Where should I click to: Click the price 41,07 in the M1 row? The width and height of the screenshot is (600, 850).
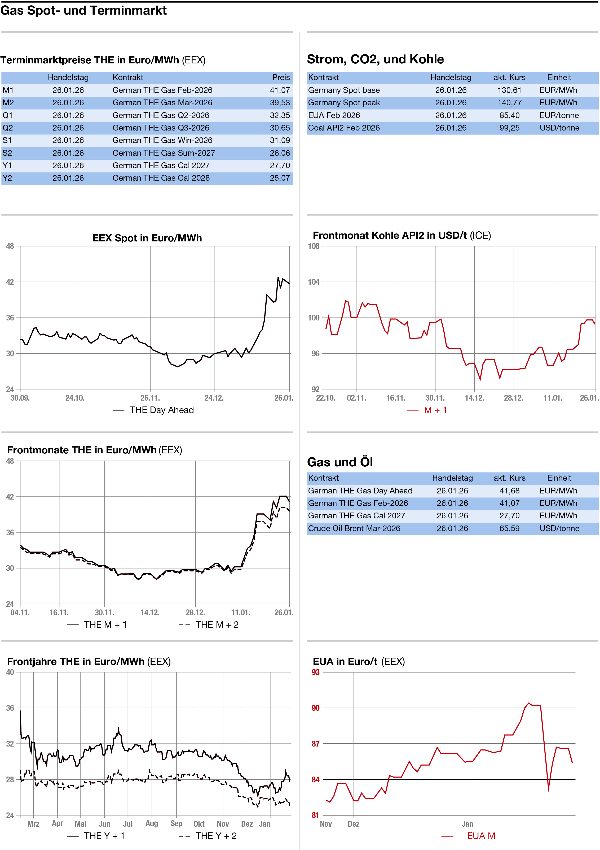[280, 90]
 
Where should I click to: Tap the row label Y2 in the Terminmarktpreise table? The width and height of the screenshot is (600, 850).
[7, 178]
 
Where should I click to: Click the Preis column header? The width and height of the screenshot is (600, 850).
[281, 78]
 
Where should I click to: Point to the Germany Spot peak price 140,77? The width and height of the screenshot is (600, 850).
[509, 103]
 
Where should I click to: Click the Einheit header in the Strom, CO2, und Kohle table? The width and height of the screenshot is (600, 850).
[559, 78]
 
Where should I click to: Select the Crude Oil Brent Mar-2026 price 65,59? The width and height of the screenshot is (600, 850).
[509, 528]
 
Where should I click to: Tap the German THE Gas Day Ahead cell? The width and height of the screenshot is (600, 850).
[360, 491]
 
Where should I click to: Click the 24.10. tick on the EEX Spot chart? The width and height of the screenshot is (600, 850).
[75, 398]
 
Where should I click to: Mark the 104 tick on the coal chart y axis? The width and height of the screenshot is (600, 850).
[314, 282]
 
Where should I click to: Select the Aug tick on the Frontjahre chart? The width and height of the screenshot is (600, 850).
[152, 823]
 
